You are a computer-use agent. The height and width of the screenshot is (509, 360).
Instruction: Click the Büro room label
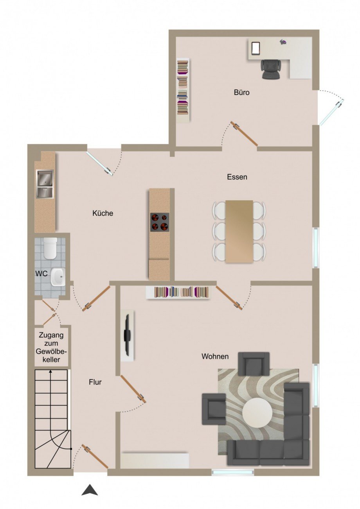pos(241,93)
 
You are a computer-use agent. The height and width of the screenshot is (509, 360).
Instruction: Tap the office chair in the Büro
pos(271,69)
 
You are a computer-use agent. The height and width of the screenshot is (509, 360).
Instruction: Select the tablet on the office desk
pos(256,48)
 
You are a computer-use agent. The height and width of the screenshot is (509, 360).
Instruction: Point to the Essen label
pos(237,177)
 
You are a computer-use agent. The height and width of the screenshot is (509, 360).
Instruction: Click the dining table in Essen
pos(239,231)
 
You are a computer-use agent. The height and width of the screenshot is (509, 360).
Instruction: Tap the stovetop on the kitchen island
pos(160,222)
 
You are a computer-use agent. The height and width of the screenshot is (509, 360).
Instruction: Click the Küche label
pos(103,213)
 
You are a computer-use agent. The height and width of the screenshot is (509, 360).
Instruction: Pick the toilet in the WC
pos(50,249)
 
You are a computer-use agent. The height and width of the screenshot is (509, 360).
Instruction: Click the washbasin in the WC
pos(58,277)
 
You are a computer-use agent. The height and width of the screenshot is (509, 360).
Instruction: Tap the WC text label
pos(41,274)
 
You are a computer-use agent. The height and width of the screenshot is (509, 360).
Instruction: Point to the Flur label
pos(95,382)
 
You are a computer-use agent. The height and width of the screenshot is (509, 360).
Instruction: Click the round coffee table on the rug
pos(257,413)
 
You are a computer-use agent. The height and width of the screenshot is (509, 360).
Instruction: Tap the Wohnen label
pos(215,356)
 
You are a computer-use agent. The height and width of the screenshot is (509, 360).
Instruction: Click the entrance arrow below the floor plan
pos(90,490)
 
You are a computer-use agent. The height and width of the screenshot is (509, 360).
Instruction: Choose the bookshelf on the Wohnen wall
pos(178,292)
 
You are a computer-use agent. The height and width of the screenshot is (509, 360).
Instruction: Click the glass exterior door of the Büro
pos(331,112)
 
